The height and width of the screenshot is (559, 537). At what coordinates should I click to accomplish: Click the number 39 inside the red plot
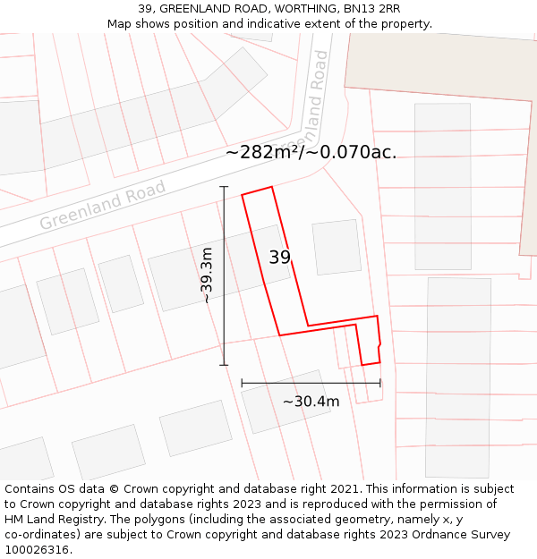279,258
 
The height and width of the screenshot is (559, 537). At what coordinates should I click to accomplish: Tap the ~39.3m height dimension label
208,275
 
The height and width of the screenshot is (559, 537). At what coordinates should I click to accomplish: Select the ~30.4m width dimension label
311,402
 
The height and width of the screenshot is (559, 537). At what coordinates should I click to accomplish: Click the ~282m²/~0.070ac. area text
311,152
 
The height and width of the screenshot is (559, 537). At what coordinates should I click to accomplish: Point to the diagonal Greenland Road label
103,207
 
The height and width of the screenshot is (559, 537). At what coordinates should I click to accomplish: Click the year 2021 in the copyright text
344,489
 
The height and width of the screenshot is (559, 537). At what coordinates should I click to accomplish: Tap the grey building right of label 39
337,247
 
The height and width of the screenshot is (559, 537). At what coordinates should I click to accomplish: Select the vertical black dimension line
224,275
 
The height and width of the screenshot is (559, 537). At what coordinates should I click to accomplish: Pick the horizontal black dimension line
311,383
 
